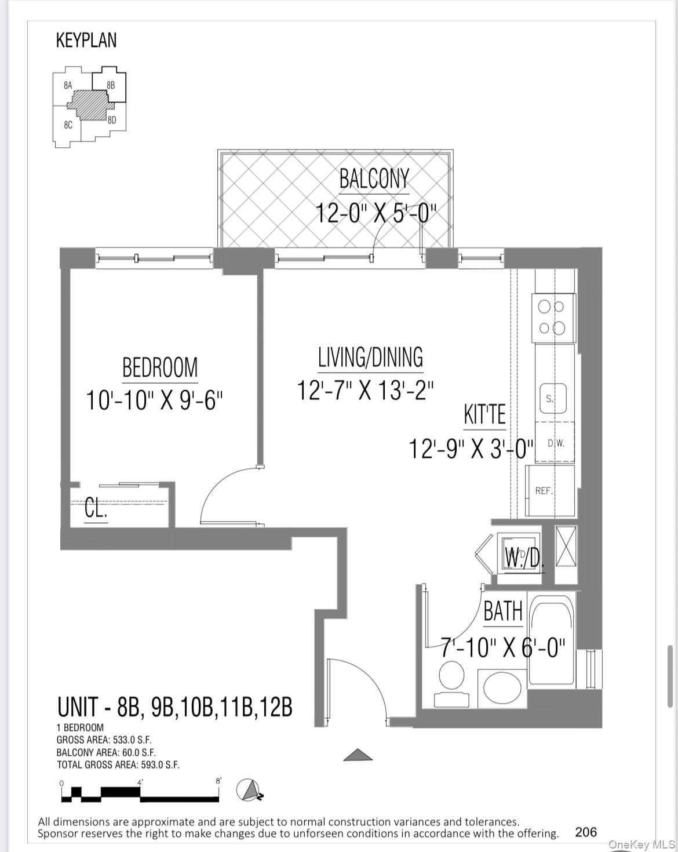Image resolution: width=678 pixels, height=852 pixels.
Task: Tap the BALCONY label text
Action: (x=374, y=179)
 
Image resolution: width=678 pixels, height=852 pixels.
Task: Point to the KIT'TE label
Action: (x=485, y=414)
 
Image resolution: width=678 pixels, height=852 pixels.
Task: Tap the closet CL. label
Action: (x=96, y=509)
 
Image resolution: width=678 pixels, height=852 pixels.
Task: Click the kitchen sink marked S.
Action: (x=553, y=398)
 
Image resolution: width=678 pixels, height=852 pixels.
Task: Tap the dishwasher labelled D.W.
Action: (x=555, y=442)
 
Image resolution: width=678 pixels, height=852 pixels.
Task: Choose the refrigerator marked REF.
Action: (x=550, y=490)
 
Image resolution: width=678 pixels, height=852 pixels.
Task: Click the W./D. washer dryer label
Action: (x=523, y=558)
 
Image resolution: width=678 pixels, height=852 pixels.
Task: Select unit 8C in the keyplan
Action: (x=68, y=125)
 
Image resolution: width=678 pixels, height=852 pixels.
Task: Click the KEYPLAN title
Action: (x=86, y=40)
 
